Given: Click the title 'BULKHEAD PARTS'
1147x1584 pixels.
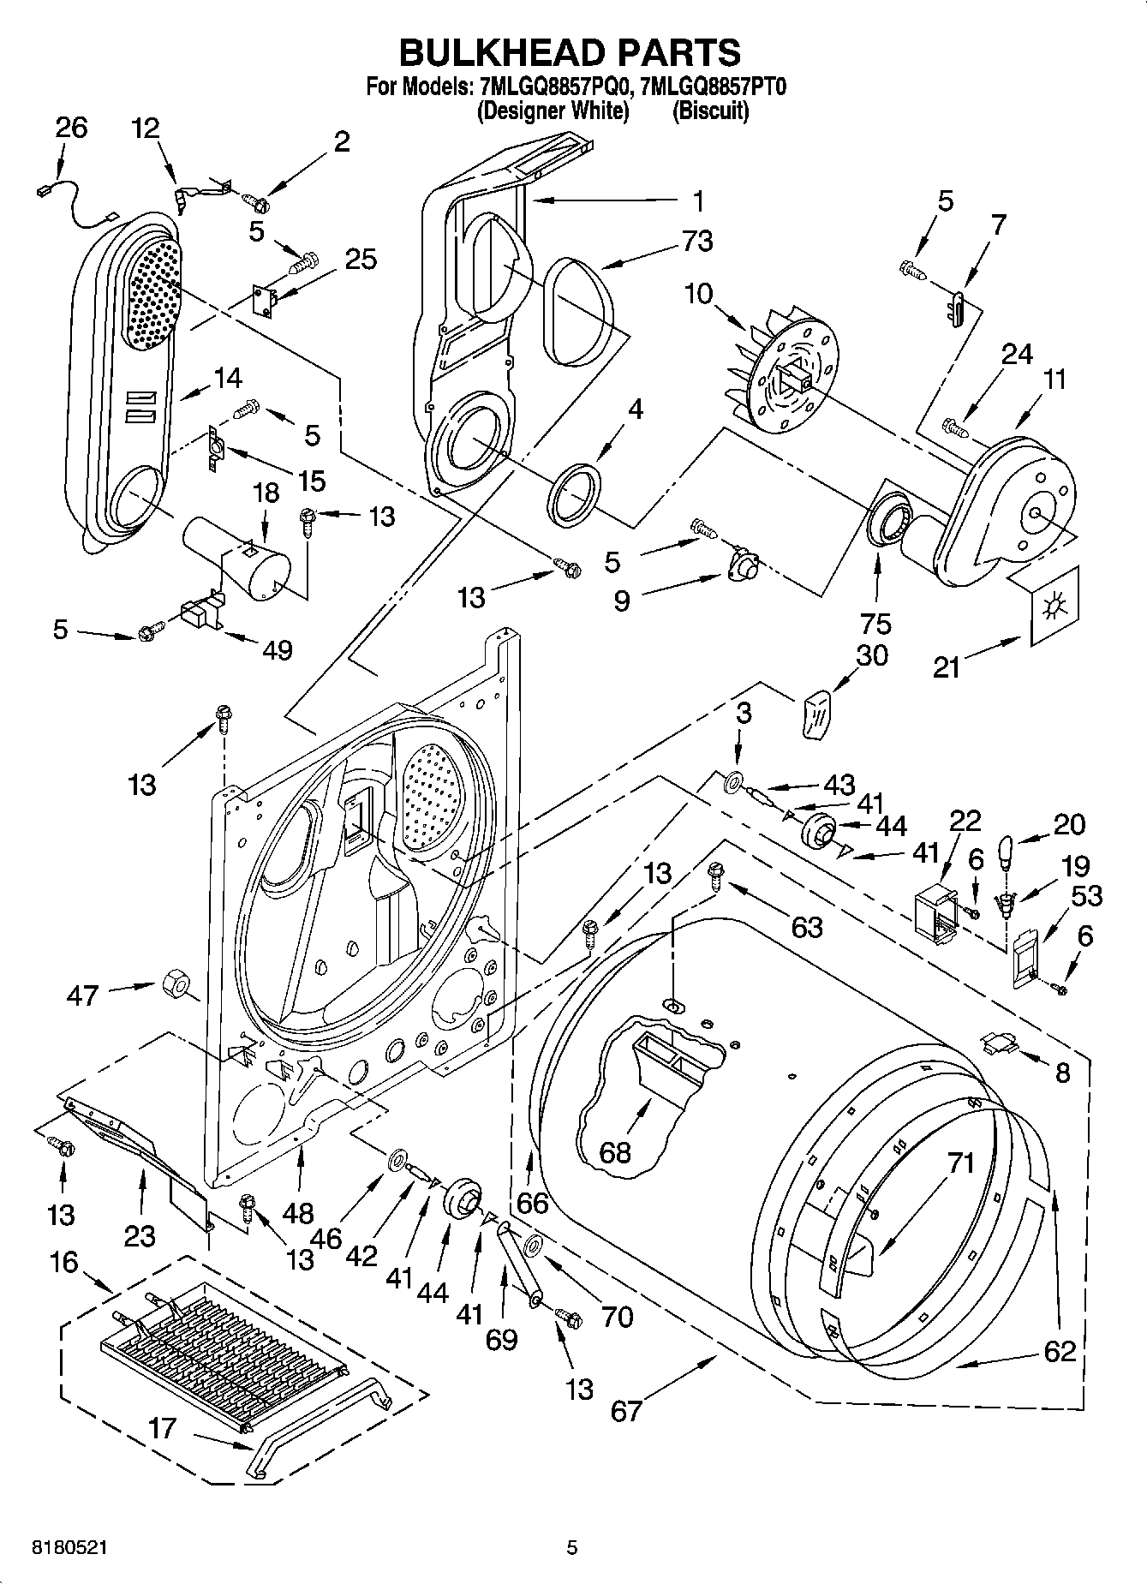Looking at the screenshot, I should click(x=571, y=52).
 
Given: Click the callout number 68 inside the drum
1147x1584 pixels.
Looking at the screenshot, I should click(x=614, y=1152).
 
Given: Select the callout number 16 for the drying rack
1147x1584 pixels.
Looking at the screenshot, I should click(x=63, y=1262).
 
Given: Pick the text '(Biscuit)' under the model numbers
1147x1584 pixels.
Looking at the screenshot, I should click(x=710, y=111).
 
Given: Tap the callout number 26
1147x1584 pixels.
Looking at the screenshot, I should click(x=71, y=128).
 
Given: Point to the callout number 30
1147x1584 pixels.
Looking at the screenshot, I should click(x=871, y=655).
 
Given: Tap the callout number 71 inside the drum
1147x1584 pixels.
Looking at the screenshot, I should click(x=961, y=1163).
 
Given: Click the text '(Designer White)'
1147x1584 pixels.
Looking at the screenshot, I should click(x=553, y=111).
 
